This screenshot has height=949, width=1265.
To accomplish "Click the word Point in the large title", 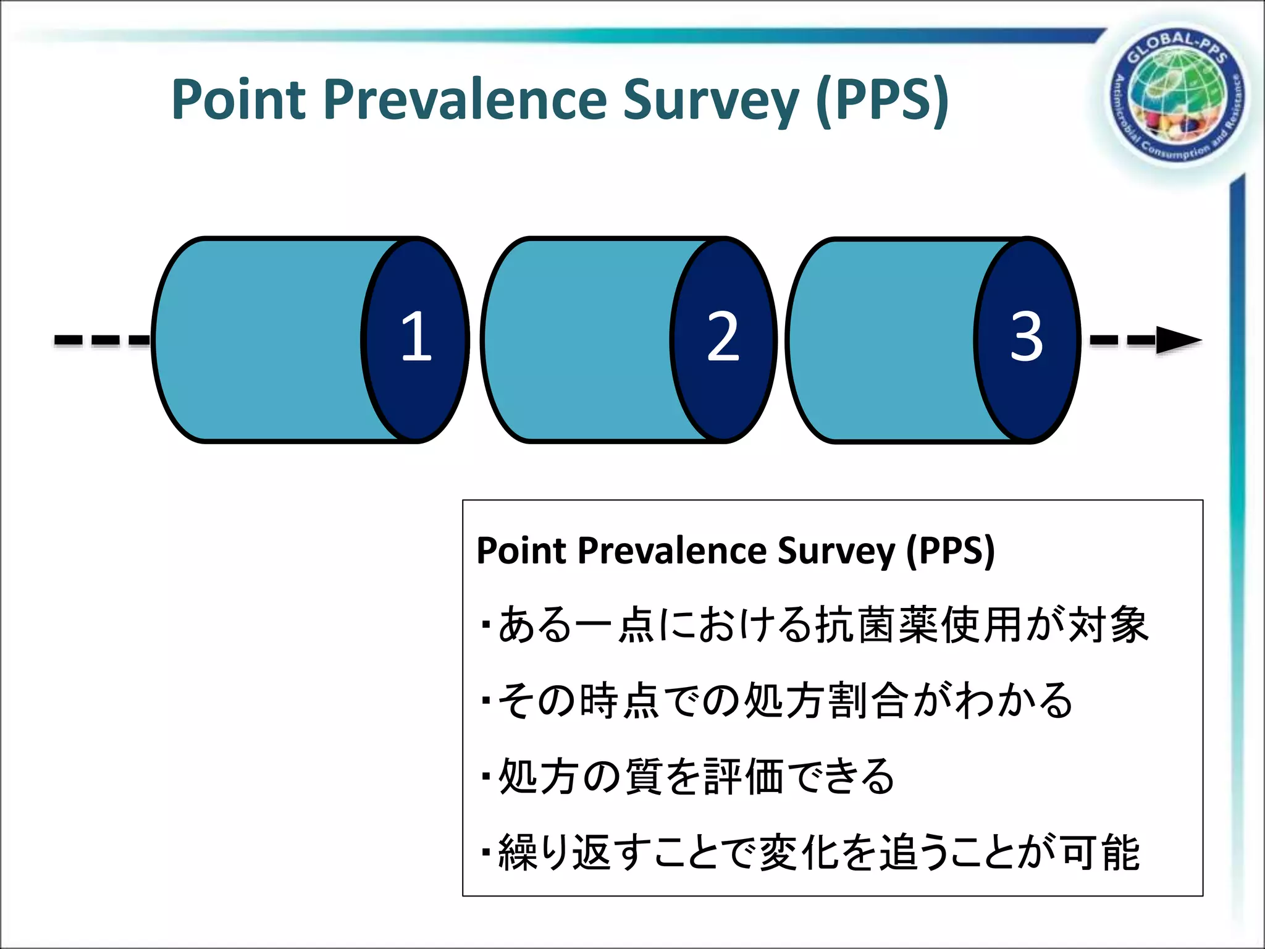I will click(x=238, y=99).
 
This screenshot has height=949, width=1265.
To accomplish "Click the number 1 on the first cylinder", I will click(x=416, y=336).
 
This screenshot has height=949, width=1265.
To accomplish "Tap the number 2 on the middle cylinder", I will click(x=723, y=336).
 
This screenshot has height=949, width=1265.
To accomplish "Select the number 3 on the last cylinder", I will click(x=1026, y=336).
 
